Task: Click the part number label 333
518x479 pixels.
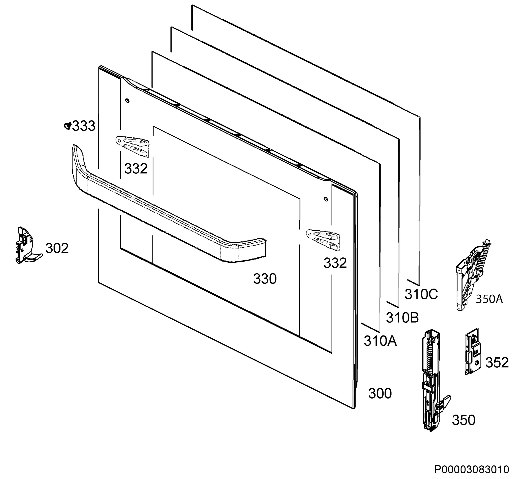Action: [x=84, y=126]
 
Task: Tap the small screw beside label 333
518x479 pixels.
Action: [x=68, y=126]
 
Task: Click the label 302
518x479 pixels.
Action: [x=57, y=248]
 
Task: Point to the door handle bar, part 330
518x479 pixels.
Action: [x=166, y=207]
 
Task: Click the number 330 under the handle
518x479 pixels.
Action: [x=265, y=279]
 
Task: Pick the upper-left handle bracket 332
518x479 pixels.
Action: [x=133, y=146]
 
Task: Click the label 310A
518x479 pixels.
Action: [x=380, y=341]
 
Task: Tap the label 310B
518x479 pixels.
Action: [x=402, y=318]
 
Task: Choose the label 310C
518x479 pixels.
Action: [x=421, y=294]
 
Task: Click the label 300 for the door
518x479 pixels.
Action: [x=380, y=393]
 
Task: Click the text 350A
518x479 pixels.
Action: [x=489, y=299]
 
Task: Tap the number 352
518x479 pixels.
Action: [x=497, y=362]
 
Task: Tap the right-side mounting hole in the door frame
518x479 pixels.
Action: [x=326, y=199]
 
